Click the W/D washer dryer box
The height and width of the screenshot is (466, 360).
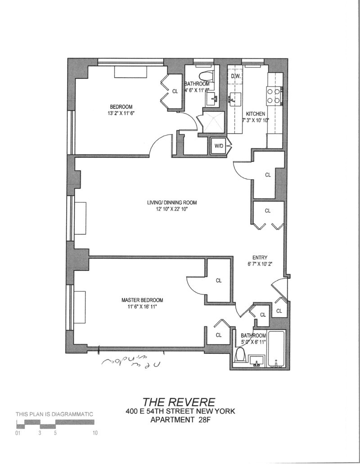(219, 146)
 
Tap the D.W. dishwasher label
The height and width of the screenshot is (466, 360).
(236, 76)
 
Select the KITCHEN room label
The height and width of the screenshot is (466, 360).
(255, 114)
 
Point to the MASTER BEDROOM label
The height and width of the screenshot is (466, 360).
(142, 300)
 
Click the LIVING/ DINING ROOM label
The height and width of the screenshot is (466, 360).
(172, 202)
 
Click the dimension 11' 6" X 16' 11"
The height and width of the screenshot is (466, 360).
(142, 307)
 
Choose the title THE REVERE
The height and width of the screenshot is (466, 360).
(179, 402)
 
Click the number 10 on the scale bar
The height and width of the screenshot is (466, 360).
(95, 433)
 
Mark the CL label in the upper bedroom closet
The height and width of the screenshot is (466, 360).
(175, 91)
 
